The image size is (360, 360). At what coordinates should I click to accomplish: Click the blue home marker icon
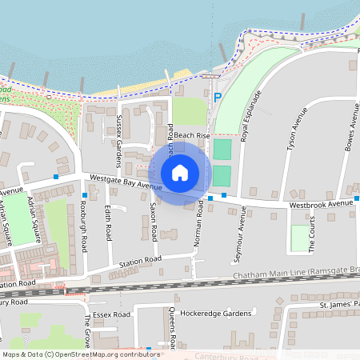point(180,173)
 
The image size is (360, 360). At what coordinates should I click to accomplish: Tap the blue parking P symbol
point(217,98)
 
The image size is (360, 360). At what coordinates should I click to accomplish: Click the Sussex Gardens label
point(120,139)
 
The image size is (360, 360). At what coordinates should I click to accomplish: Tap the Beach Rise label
point(192,136)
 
